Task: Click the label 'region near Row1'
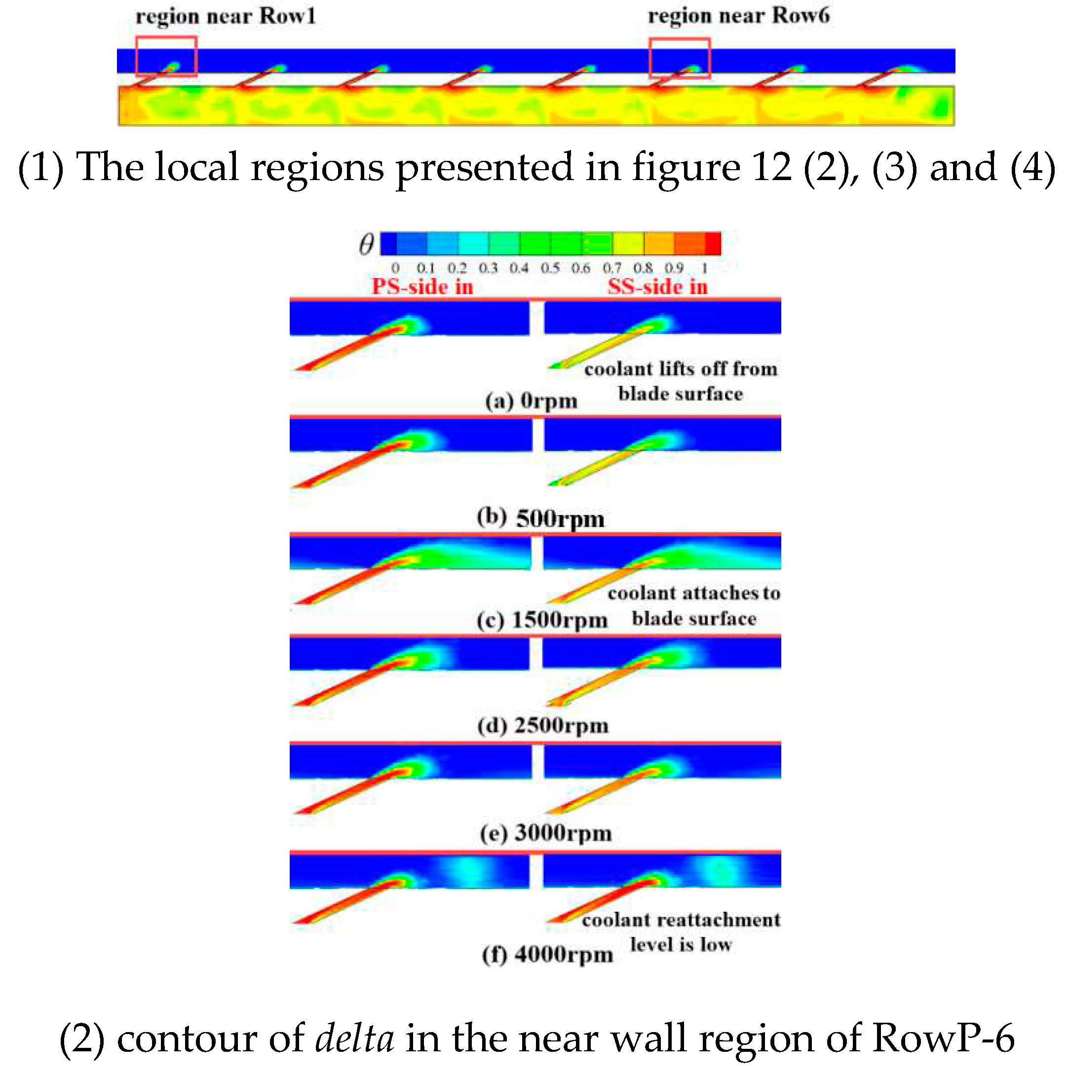pyautogui.click(x=226, y=17)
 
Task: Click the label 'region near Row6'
pyautogui.click(x=738, y=16)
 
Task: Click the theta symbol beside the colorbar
pyautogui.click(x=366, y=244)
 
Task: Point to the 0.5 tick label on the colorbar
pyautogui.click(x=550, y=269)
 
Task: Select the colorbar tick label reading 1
pyautogui.click(x=704, y=269)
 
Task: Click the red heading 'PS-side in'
pyautogui.click(x=422, y=287)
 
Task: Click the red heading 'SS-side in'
pyautogui.click(x=657, y=287)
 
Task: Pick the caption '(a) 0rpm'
pyautogui.click(x=531, y=401)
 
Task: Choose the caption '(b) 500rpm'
pyautogui.click(x=540, y=519)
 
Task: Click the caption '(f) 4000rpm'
pyautogui.click(x=548, y=955)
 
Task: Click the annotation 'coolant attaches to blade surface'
pyautogui.click(x=693, y=606)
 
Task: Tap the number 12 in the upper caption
pyautogui.click(x=771, y=167)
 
